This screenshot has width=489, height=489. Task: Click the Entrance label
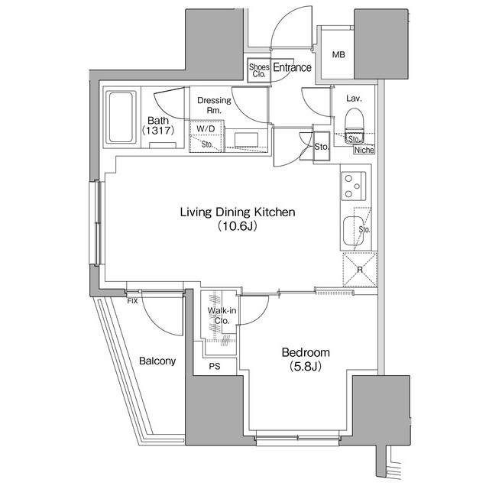[x=292, y=68]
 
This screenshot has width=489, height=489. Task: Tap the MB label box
[x=338, y=55]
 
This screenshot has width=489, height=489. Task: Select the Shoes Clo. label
[x=257, y=70]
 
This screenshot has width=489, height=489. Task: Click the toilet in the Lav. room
[x=354, y=121]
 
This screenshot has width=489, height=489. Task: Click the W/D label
[x=206, y=128]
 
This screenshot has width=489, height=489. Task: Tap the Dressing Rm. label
[x=209, y=105]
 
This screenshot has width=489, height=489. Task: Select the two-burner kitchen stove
[x=353, y=186]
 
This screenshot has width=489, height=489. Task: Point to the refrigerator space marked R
[x=358, y=270]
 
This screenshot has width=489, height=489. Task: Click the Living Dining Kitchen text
[x=237, y=212]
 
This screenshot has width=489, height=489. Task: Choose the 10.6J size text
[x=237, y=226]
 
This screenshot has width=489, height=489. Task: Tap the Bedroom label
[x=306, y=352]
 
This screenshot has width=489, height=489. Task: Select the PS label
[x=215, y=366]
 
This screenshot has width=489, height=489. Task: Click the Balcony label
[x=157, y=361]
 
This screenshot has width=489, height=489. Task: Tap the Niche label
[x=364, y=150]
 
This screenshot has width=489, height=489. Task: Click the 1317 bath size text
[x=158, y=131]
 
